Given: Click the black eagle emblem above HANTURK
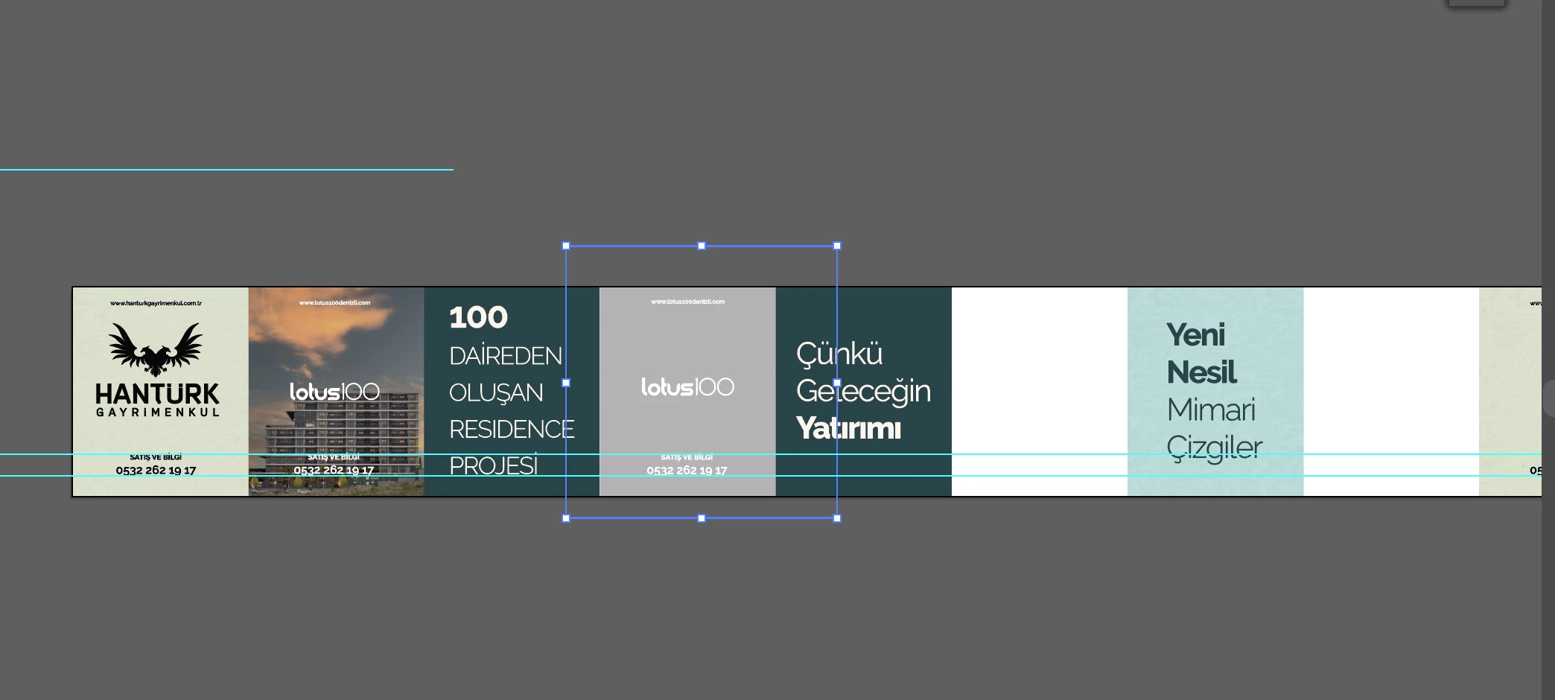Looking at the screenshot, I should click(x=156, y=349).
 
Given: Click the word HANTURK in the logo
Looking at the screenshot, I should click(x=157, y=394).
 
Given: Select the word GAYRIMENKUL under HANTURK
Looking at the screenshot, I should click(x=157, y=413).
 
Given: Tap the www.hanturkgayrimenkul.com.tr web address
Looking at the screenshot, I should click(x=156, y=303).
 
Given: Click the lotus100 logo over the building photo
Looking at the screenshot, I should click(x=334, y=392).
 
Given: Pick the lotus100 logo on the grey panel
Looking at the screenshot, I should click(x=687, y=387).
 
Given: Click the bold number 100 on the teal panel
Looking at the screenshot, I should click(x=478, y=318).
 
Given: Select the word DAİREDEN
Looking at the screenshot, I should click(x=505, y=356).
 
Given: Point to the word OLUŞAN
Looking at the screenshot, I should click(x=496, y=393).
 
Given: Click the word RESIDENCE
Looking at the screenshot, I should click(x=512, y=430).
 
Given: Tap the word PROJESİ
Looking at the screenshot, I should click(x=493, y=466).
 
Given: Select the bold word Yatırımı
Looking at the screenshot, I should click(x=848, y=428).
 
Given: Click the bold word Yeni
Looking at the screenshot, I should click(x=1195, y=335).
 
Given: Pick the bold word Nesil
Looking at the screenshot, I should click(x=1201, y=372).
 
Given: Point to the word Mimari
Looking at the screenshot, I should click(x=1211, y=410).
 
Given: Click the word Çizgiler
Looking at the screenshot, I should click(x=1214, y=448).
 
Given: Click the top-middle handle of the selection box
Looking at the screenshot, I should click(x=702, y=246).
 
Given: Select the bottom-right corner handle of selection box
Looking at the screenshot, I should click(x=837, y=518).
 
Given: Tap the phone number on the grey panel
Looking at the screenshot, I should click(x=687, y=471).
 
